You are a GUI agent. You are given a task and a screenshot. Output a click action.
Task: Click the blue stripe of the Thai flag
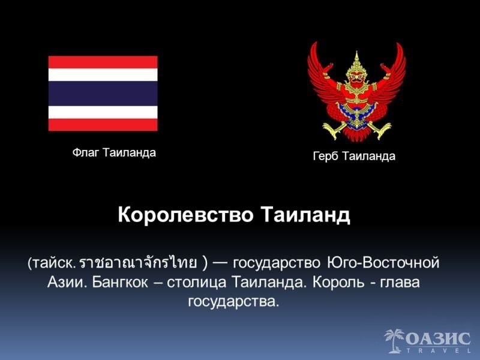[103, 94]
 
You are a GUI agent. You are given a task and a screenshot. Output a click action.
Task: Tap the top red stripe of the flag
[103, 62]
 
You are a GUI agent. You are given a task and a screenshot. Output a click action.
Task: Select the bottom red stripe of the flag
[103, 125]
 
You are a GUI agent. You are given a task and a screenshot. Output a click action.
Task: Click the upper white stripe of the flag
[103, 74]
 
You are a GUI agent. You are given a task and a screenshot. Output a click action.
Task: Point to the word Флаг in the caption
[86, 152]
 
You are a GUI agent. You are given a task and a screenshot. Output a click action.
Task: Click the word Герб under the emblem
[326, 157]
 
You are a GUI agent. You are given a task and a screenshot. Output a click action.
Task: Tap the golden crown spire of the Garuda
[356, 59]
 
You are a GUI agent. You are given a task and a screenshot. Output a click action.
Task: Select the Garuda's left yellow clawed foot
[332, 130]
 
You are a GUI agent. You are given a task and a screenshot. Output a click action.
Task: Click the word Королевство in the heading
[185, 215]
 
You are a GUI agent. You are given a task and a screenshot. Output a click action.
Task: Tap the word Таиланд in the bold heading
[305, 215]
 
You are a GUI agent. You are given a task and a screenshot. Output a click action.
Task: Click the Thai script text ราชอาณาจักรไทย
[138, 263]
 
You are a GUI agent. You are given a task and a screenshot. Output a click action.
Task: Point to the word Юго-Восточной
[383, 263]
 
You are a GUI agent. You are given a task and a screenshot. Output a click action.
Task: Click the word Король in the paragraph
[338, 282]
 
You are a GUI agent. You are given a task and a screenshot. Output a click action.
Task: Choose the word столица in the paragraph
[197, 283]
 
